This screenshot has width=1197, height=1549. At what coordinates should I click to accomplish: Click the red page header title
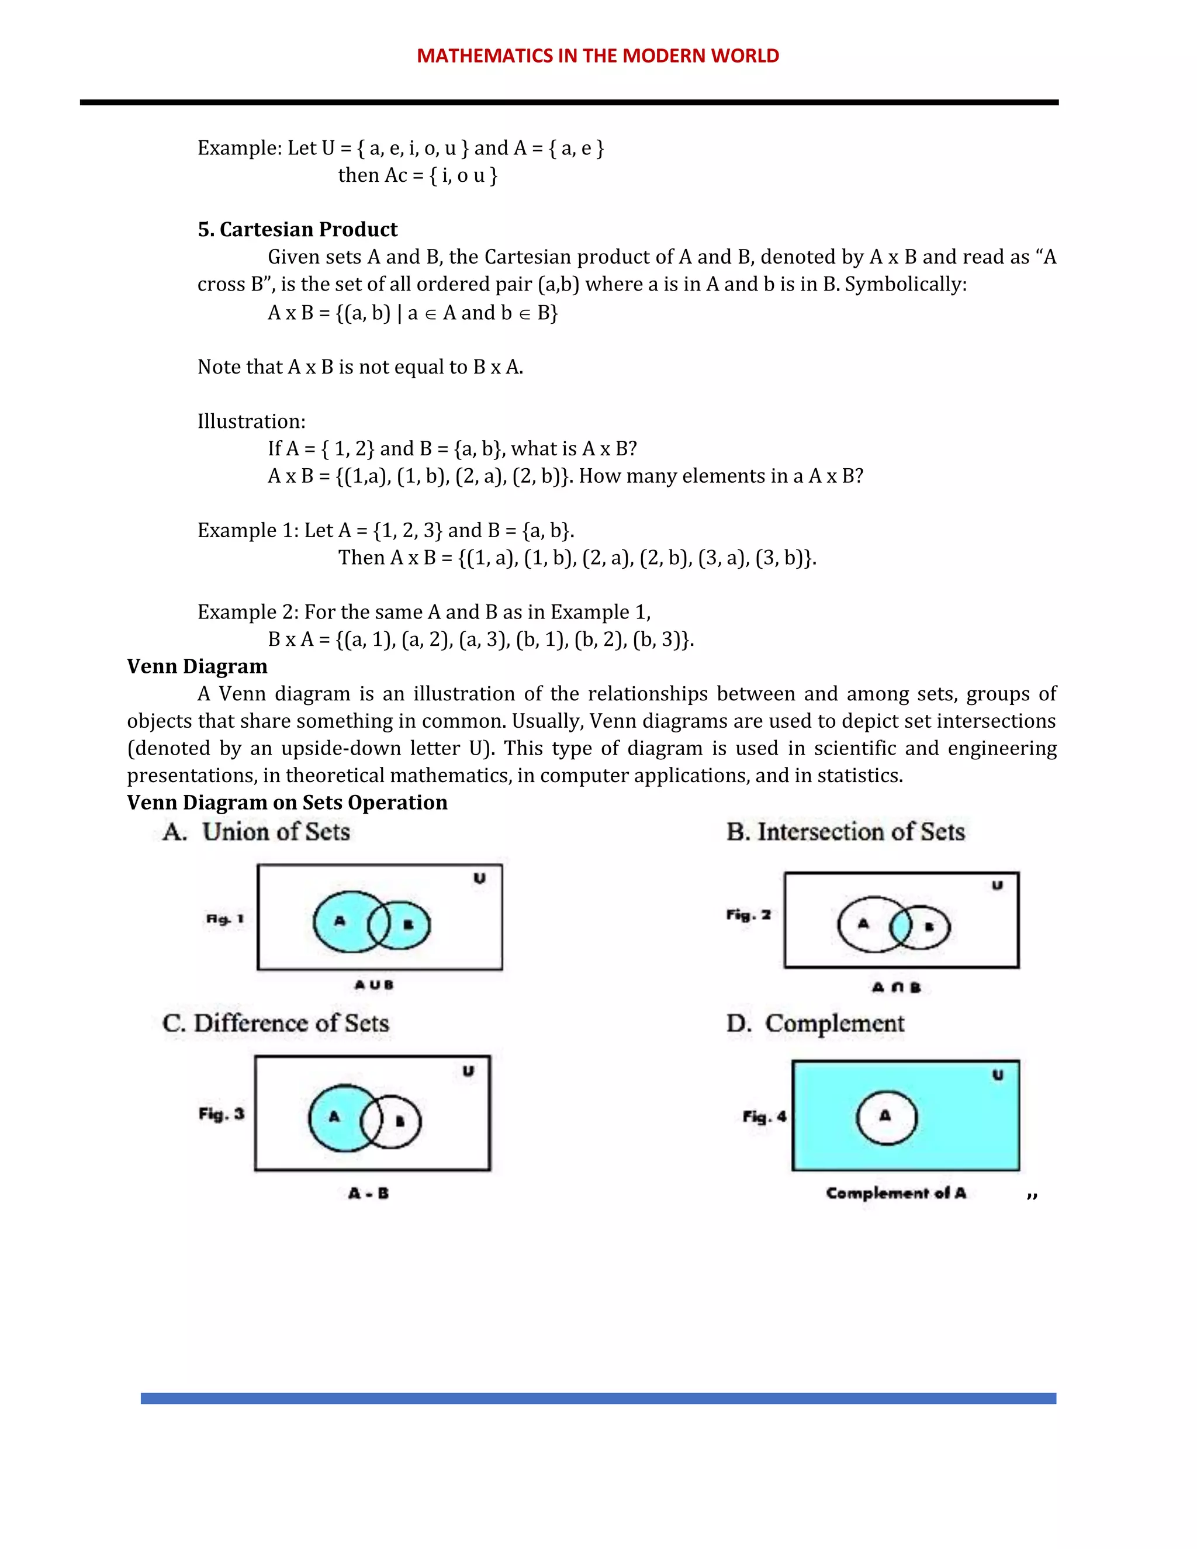[x=598, y=56]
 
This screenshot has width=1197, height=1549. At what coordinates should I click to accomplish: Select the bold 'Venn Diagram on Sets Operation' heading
[x=287, y=802]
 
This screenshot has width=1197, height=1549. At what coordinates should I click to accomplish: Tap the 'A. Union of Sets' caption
[x=257, y=831]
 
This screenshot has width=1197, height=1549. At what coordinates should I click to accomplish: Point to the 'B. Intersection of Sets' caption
[x=845, y=831]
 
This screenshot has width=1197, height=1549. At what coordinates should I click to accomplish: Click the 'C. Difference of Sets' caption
[x=276, y=1023]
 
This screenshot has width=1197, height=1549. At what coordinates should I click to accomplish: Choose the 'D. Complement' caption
[x=815, y=1023]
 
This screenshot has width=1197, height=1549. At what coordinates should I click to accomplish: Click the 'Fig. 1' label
[x=225, y=919]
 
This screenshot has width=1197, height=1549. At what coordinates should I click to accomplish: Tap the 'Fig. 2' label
[x=748, y=915]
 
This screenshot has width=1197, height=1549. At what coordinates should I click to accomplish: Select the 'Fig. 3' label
[x=222, y=1114]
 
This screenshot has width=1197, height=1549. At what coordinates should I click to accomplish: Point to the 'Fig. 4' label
[x=764, y=1116]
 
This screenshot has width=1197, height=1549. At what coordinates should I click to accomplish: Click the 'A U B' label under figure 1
[x=373, y=984]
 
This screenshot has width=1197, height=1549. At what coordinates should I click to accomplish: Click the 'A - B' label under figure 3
[x=368, y=1193]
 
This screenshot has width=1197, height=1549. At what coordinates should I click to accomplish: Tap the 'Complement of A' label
[x=895, y=1193]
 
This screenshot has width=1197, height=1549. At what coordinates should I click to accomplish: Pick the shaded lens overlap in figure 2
[x=901, y=925]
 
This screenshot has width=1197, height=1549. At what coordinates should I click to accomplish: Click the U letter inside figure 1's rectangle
[x=479, y=878]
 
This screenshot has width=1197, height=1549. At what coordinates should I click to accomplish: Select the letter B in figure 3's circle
[x=400, y=1121]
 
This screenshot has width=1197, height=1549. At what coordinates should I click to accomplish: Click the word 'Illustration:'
[x=251, y=421]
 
